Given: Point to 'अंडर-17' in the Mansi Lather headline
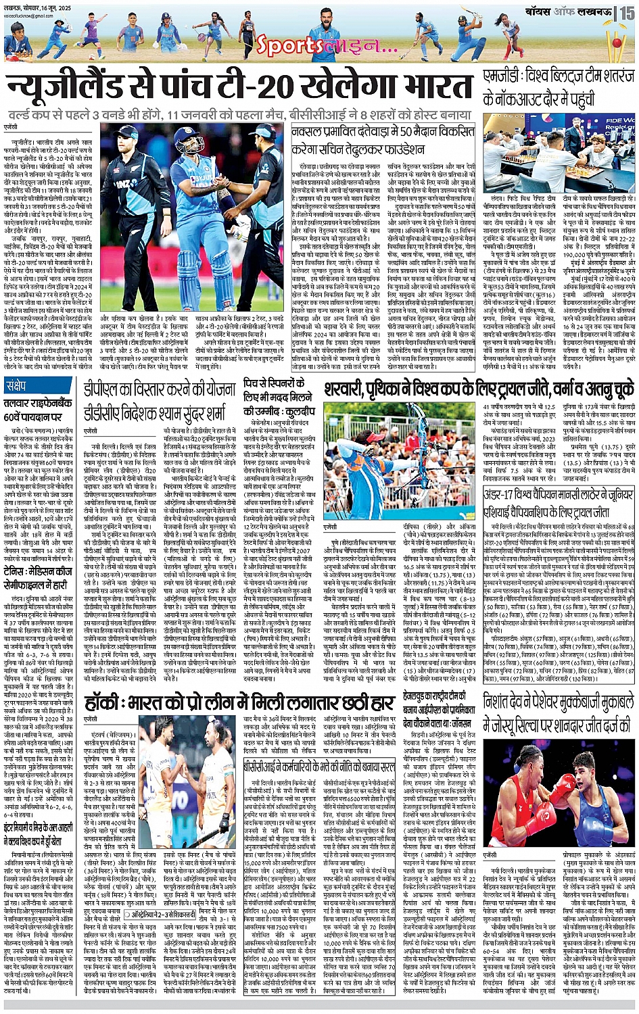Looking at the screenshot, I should pos(502,496).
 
